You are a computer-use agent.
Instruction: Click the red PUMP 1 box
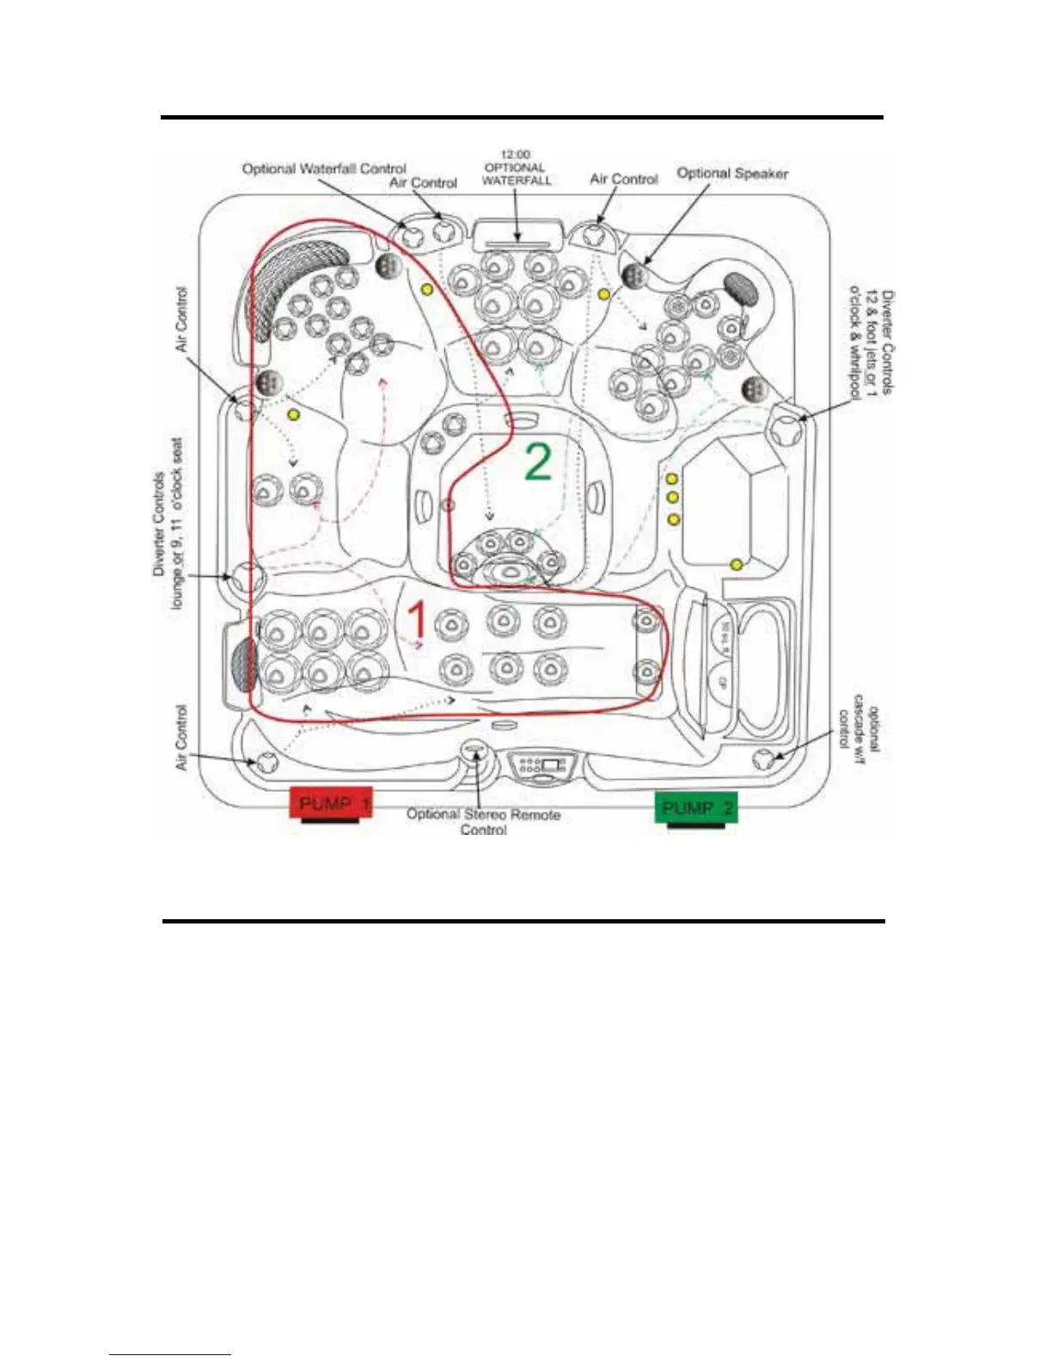point(331,803)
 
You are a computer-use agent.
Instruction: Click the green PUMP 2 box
point(696,807)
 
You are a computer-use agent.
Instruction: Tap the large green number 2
point(538,462)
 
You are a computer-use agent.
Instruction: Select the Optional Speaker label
point(732,173)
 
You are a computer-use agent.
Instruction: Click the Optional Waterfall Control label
point(323,169)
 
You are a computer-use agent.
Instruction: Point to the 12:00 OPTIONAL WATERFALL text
point(516,168)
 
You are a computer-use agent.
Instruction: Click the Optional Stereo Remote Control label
point(483,821)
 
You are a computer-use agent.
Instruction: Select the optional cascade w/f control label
point(859,729)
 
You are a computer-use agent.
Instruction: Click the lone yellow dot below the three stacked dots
point(737,564)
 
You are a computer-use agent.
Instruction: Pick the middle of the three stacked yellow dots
point(673,498)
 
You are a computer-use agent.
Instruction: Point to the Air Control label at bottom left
point(181,737)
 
